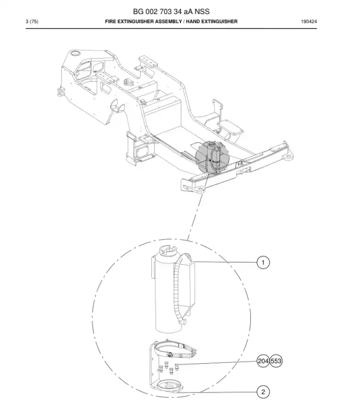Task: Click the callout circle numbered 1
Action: [x=263, y=262]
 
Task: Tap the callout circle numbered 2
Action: [x=263, y=392]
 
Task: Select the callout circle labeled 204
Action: [x=263, y=361]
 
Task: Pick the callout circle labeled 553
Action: [x=276, y=361]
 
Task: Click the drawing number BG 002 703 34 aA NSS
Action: [x=171, y=11]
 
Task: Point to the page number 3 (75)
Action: [x=32, y=21]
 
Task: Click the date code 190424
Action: [x=309, y=21]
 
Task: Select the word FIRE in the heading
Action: [x=110, y=21]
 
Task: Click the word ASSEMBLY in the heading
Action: [x=168, y=21]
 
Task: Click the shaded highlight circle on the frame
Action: [x=213, y=158]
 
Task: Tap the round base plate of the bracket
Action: [x=169, y=385]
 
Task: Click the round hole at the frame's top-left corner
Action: [x=75, y=54]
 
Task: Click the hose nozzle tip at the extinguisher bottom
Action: [x=185, y=322]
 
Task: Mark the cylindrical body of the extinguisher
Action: [x=167, y=293]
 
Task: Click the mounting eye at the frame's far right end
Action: [x=288, y=158]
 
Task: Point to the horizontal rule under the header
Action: [x=171, y=29]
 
